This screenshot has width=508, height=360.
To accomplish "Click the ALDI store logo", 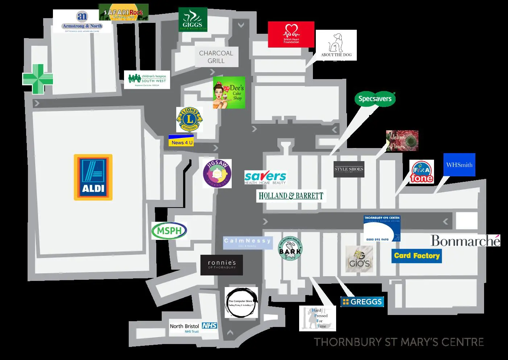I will (x=93, y=177).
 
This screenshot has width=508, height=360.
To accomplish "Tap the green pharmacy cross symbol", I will (x=38, y=79).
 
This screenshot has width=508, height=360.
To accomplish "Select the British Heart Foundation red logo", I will (x=291, y=34).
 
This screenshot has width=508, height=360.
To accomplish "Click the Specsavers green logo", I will (x=375, y=99).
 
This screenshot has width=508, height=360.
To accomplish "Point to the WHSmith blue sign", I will (x=459, y=165).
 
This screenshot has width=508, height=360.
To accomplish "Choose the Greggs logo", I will (x=362, y=302).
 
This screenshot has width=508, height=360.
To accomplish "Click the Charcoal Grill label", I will (x=216, y=57).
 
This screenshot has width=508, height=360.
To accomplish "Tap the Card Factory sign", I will (x=417, y=256).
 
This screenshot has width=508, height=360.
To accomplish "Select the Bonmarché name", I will (x=465, y=241).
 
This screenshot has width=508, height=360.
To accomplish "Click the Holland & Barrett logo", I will (x=291, y=196).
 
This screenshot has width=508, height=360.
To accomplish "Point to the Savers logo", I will (x=265, y=177).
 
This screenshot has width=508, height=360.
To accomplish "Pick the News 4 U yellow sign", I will (x=181, y=141).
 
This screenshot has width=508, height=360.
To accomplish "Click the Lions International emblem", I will (x=189, y=119).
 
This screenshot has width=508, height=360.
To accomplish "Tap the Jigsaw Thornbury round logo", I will (x=217, y=173).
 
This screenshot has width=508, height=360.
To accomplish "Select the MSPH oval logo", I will (x=169, y=230).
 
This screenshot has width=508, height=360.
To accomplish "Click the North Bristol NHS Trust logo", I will (x=193, y=328).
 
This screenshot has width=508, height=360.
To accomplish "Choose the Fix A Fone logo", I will (x=422, y=172).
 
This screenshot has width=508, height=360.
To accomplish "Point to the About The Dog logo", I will (x=336, y=45).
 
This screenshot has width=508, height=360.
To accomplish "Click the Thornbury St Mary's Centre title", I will (x=398, y=342).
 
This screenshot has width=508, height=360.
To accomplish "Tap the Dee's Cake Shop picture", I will (x=229, y=93).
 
